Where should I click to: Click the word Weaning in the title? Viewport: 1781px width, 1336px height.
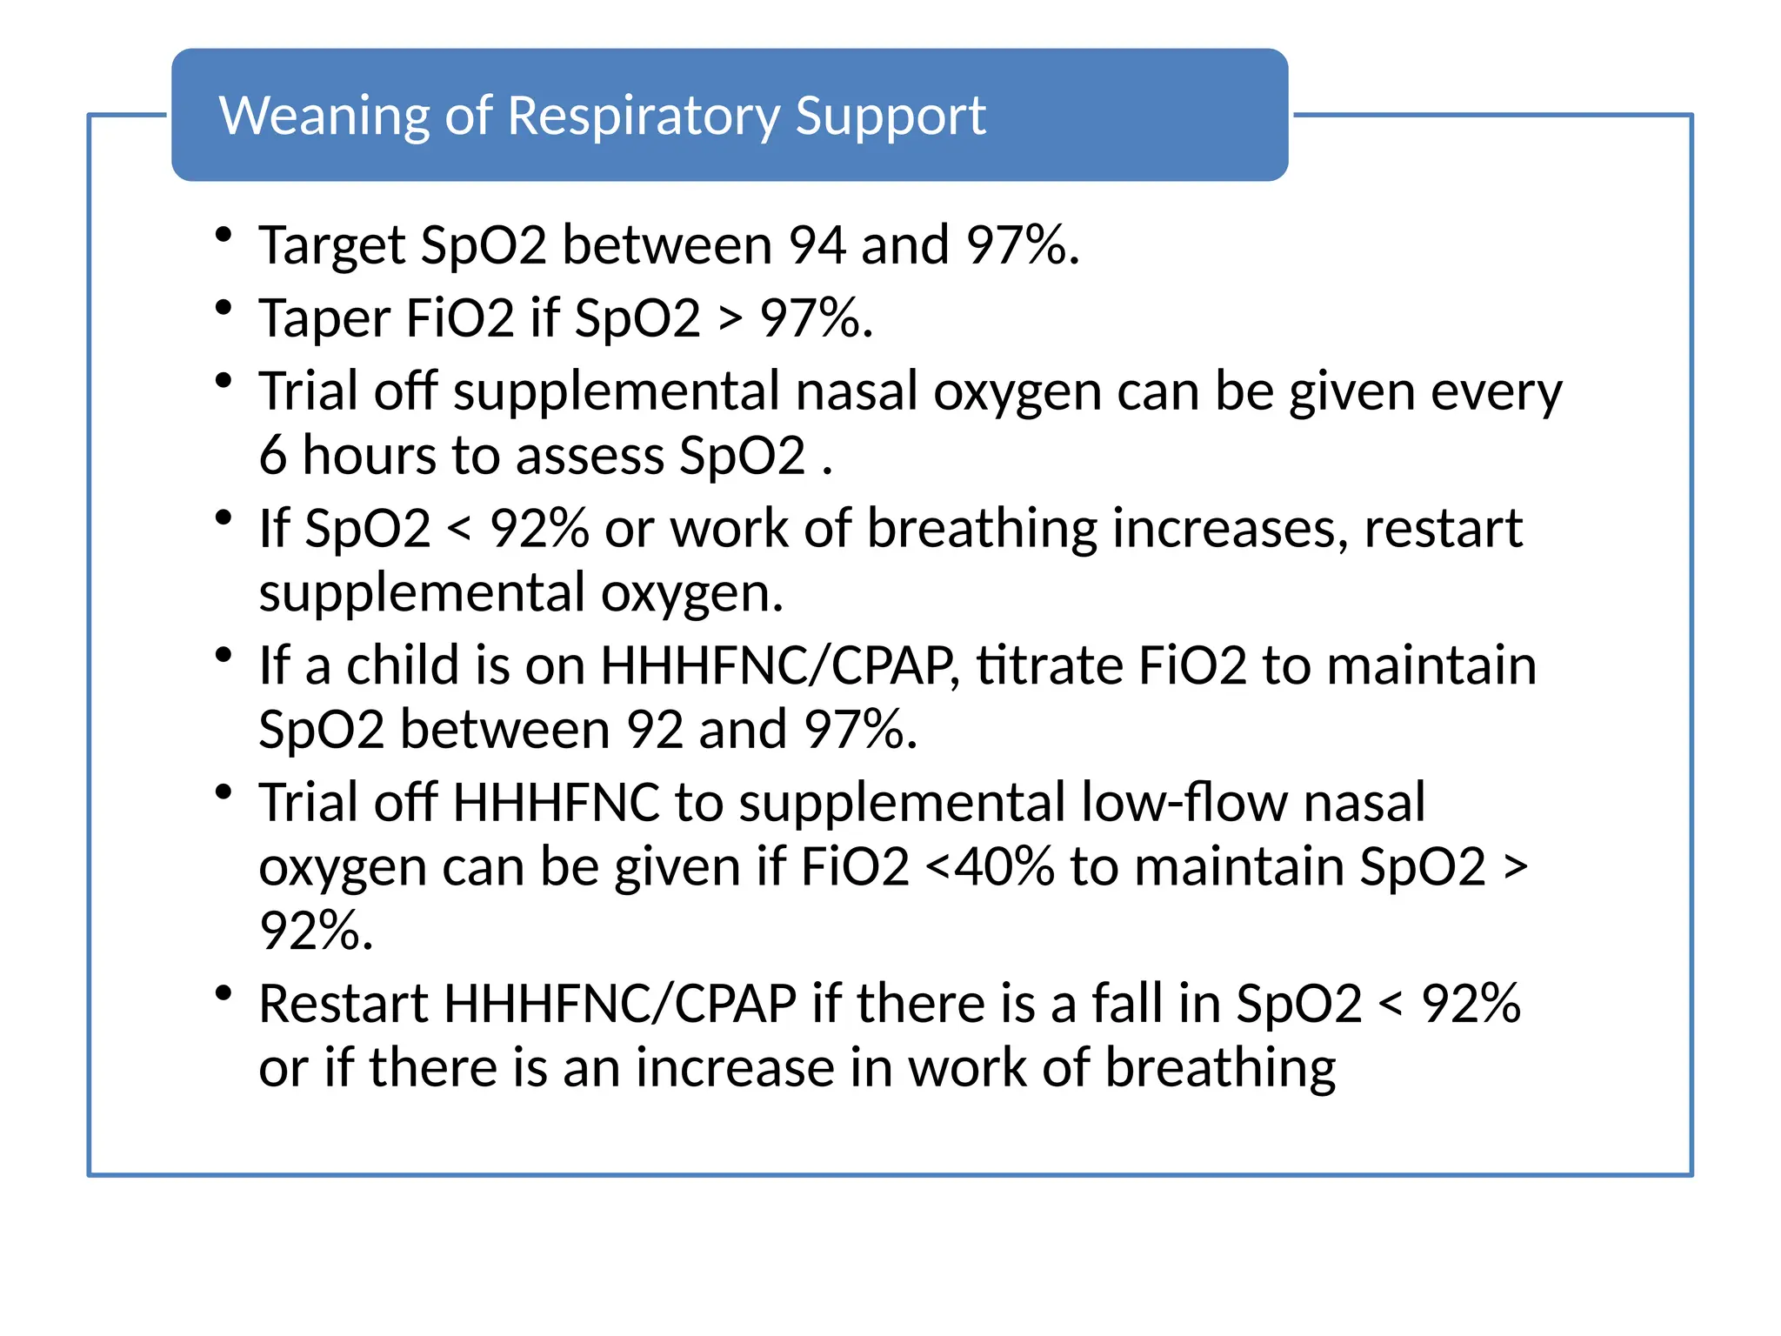(x=324, y=116)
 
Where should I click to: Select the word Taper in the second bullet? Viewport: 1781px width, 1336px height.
(x=324, y=318)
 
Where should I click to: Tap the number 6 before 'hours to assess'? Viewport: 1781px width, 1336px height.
(x=273, y=455)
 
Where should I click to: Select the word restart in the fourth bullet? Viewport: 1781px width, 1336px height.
(x=1443, y=529)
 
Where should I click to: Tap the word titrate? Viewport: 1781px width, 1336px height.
(x=1049, y=665)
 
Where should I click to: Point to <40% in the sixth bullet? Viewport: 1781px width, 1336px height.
(x=990, y=867)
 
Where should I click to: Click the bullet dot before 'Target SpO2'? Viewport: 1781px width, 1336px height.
(x=223, y=234)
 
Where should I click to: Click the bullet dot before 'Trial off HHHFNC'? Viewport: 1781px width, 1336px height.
(x=223, y=792)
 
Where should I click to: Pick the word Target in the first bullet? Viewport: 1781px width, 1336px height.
(x=332, y=246)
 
